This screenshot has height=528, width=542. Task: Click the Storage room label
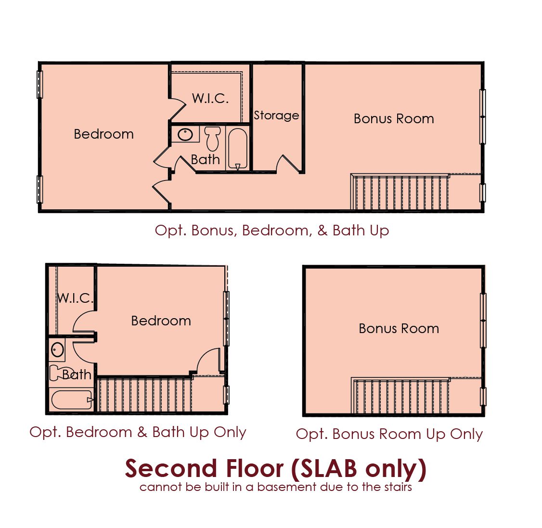276,116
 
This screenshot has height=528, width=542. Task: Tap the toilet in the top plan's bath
213,138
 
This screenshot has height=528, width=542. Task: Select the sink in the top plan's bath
185,134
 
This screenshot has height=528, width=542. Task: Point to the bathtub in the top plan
238,149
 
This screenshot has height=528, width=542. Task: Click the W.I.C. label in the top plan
210,99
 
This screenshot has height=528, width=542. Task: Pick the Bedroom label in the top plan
103,134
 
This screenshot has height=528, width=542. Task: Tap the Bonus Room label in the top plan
394,119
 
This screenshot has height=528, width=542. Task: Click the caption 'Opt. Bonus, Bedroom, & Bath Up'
271,231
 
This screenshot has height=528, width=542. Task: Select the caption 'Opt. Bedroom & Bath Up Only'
138,432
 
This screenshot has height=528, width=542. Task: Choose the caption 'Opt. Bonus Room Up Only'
389,434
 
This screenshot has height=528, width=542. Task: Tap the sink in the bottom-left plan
57,350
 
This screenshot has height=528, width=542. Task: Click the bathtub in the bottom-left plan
72,400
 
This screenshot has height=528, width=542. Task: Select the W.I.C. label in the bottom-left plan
76,298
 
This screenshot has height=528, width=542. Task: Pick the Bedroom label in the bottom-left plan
161,321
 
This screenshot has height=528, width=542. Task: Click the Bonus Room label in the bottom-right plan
399,329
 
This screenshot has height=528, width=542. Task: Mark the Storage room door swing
288,164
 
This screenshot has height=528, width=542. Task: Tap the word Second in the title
171,469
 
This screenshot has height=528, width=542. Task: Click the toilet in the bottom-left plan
57,373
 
